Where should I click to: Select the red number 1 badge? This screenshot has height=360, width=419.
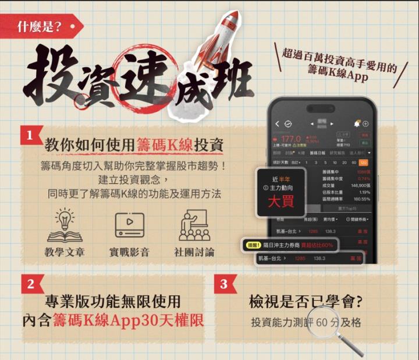point(30,136)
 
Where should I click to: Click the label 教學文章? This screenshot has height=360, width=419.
point(65,252)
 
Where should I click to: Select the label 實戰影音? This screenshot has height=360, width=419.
point(129,252)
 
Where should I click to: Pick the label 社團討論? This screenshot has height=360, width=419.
point(194,252)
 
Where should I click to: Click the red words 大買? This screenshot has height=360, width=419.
point(281,202)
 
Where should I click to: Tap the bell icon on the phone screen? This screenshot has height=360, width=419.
point(356,123)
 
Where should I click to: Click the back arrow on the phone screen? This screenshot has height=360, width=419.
point(278,123)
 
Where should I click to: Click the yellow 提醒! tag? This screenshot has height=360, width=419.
point(253,245)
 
